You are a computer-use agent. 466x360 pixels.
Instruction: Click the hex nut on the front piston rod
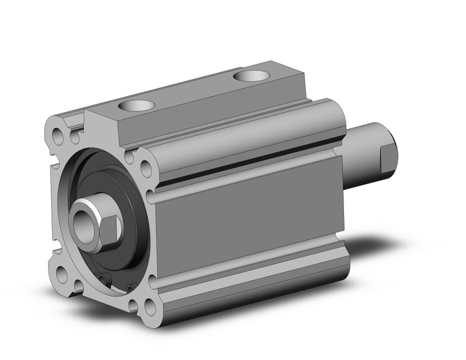point(109,228)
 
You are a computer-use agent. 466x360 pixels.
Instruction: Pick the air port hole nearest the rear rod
point(251,76)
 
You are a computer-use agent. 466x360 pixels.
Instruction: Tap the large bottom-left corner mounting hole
point(62,274)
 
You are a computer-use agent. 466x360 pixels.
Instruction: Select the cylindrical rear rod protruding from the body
point(362,156)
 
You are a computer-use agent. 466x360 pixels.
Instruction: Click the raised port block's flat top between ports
point(196,92)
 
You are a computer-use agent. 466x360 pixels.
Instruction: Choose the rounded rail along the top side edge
point(245,138)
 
